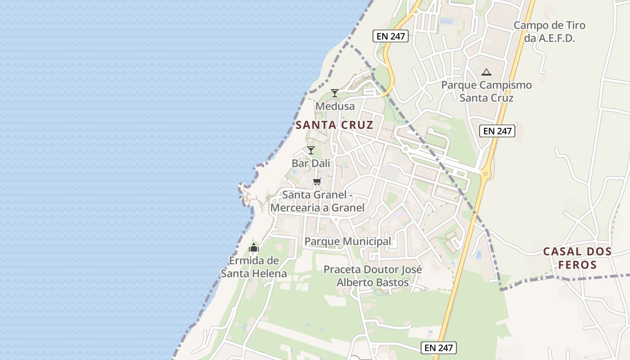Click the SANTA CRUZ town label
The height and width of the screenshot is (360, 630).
pyautogui.click(x=334, y=125)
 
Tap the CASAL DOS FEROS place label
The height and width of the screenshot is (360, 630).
pyautogui.click(x=577, y=258)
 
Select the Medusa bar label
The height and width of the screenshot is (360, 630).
pyautogui.click(x=335, y=107)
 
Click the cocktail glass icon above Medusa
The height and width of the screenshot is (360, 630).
pyautogui.click(x=334, y=93)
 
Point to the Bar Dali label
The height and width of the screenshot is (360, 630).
pyautogui.click(x=310, y=163)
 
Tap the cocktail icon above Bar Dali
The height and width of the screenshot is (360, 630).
pyautogui.click(x=310, y=150)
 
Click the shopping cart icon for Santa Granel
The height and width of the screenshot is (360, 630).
pyautogui.click(x=317, y=181)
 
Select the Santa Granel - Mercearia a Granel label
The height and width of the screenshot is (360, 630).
pyautogui.click(x=317, y=201)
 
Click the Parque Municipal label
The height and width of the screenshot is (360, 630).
pyautogui.click(x=348, y=242)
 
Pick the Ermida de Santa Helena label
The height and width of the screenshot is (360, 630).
pyautogui.click(x=254, y=267)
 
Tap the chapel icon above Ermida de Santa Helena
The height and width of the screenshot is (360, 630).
pyautogui.click(x=254, y=247)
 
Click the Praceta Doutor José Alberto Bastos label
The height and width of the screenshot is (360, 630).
pyautogui.click(x=373, y=276)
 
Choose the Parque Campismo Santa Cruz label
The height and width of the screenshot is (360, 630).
pyautogui.click(x=486, y=91)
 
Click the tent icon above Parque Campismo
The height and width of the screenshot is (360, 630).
pyautogui.click(x=486, y=72)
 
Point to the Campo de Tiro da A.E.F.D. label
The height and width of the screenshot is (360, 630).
pyautogui.click(x=549, y=31)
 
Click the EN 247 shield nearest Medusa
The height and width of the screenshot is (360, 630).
pyautogui.click(x=391, y=36)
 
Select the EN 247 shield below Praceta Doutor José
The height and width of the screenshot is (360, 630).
pyautogui.click(x=439, y=347)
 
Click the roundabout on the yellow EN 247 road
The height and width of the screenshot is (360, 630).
pyautogui.click(x=486, y=174)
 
